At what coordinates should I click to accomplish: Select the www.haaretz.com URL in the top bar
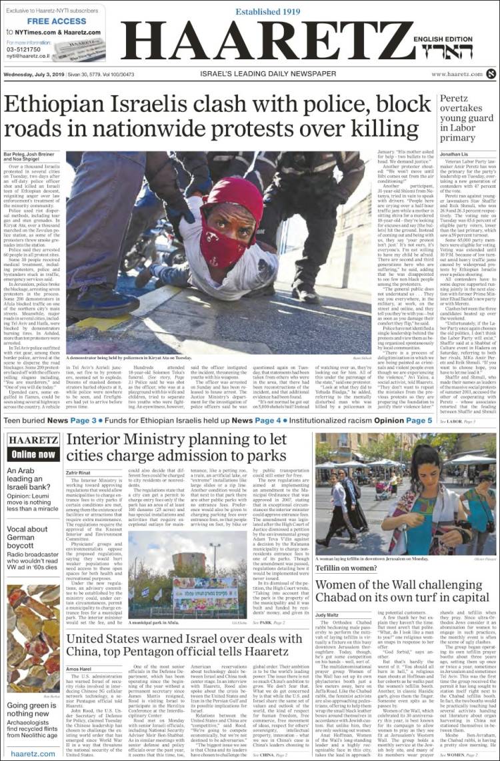(457, 75)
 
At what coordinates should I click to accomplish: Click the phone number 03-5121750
(25, 49)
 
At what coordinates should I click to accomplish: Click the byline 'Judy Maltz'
(328, 614)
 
